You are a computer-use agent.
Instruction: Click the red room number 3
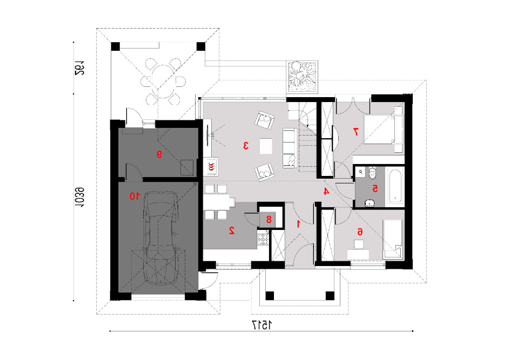246,146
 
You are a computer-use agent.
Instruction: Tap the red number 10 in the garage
135,196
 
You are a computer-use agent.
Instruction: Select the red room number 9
159,155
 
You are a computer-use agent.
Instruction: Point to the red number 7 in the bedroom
356,131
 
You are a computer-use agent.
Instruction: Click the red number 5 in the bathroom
375,188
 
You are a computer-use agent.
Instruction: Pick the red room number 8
269,220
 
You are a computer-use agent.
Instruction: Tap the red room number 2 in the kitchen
232,230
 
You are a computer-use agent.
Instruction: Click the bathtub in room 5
395,186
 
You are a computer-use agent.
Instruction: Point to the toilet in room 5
372,173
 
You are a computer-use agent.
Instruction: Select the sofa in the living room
290,148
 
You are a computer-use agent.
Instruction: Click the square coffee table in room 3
266,146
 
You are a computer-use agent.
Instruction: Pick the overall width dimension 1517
261,324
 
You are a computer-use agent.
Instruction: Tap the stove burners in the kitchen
263,240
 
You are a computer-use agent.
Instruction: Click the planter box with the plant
302,76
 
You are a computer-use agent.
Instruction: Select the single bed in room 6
393,239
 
